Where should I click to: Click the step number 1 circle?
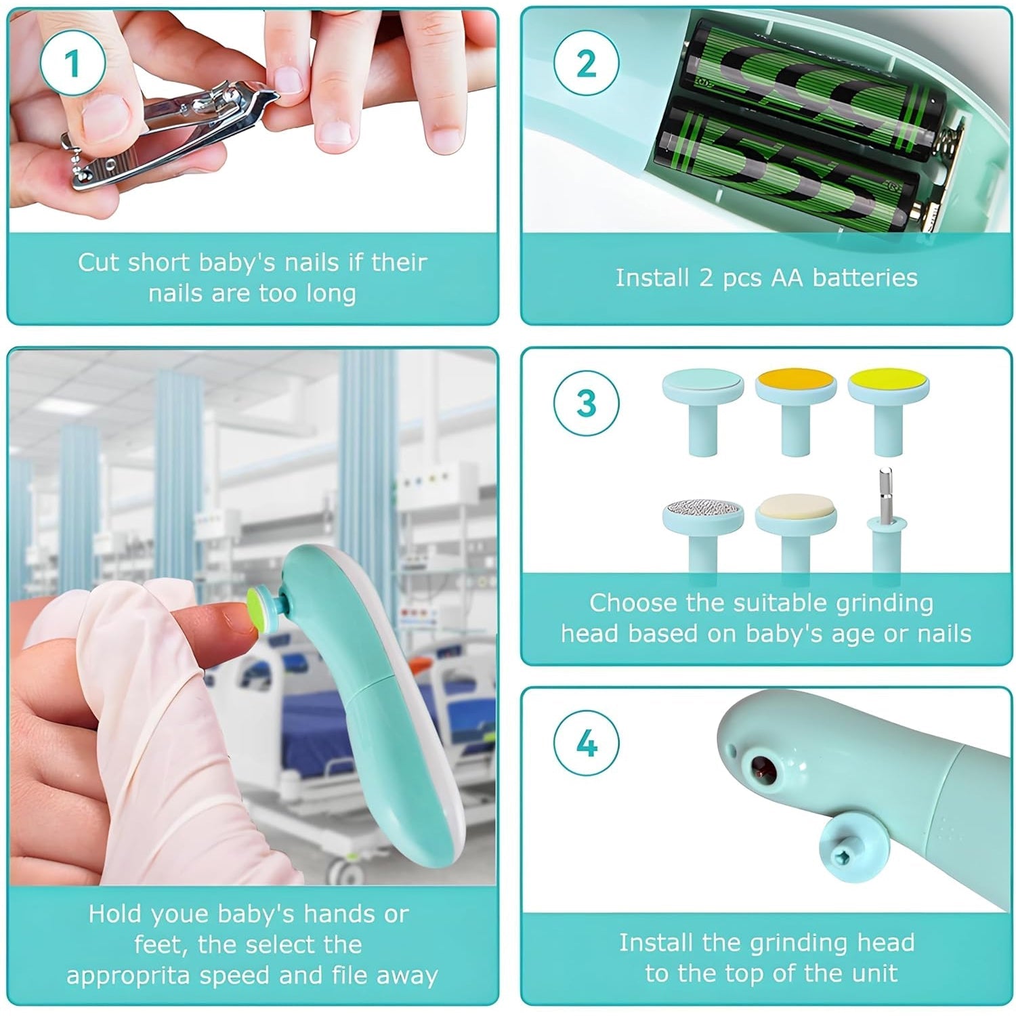point(72,64)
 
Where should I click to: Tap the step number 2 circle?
point(586,64)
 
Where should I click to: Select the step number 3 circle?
point(586,403)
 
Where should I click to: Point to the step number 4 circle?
point(586,743)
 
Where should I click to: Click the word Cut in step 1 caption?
point(98,262)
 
